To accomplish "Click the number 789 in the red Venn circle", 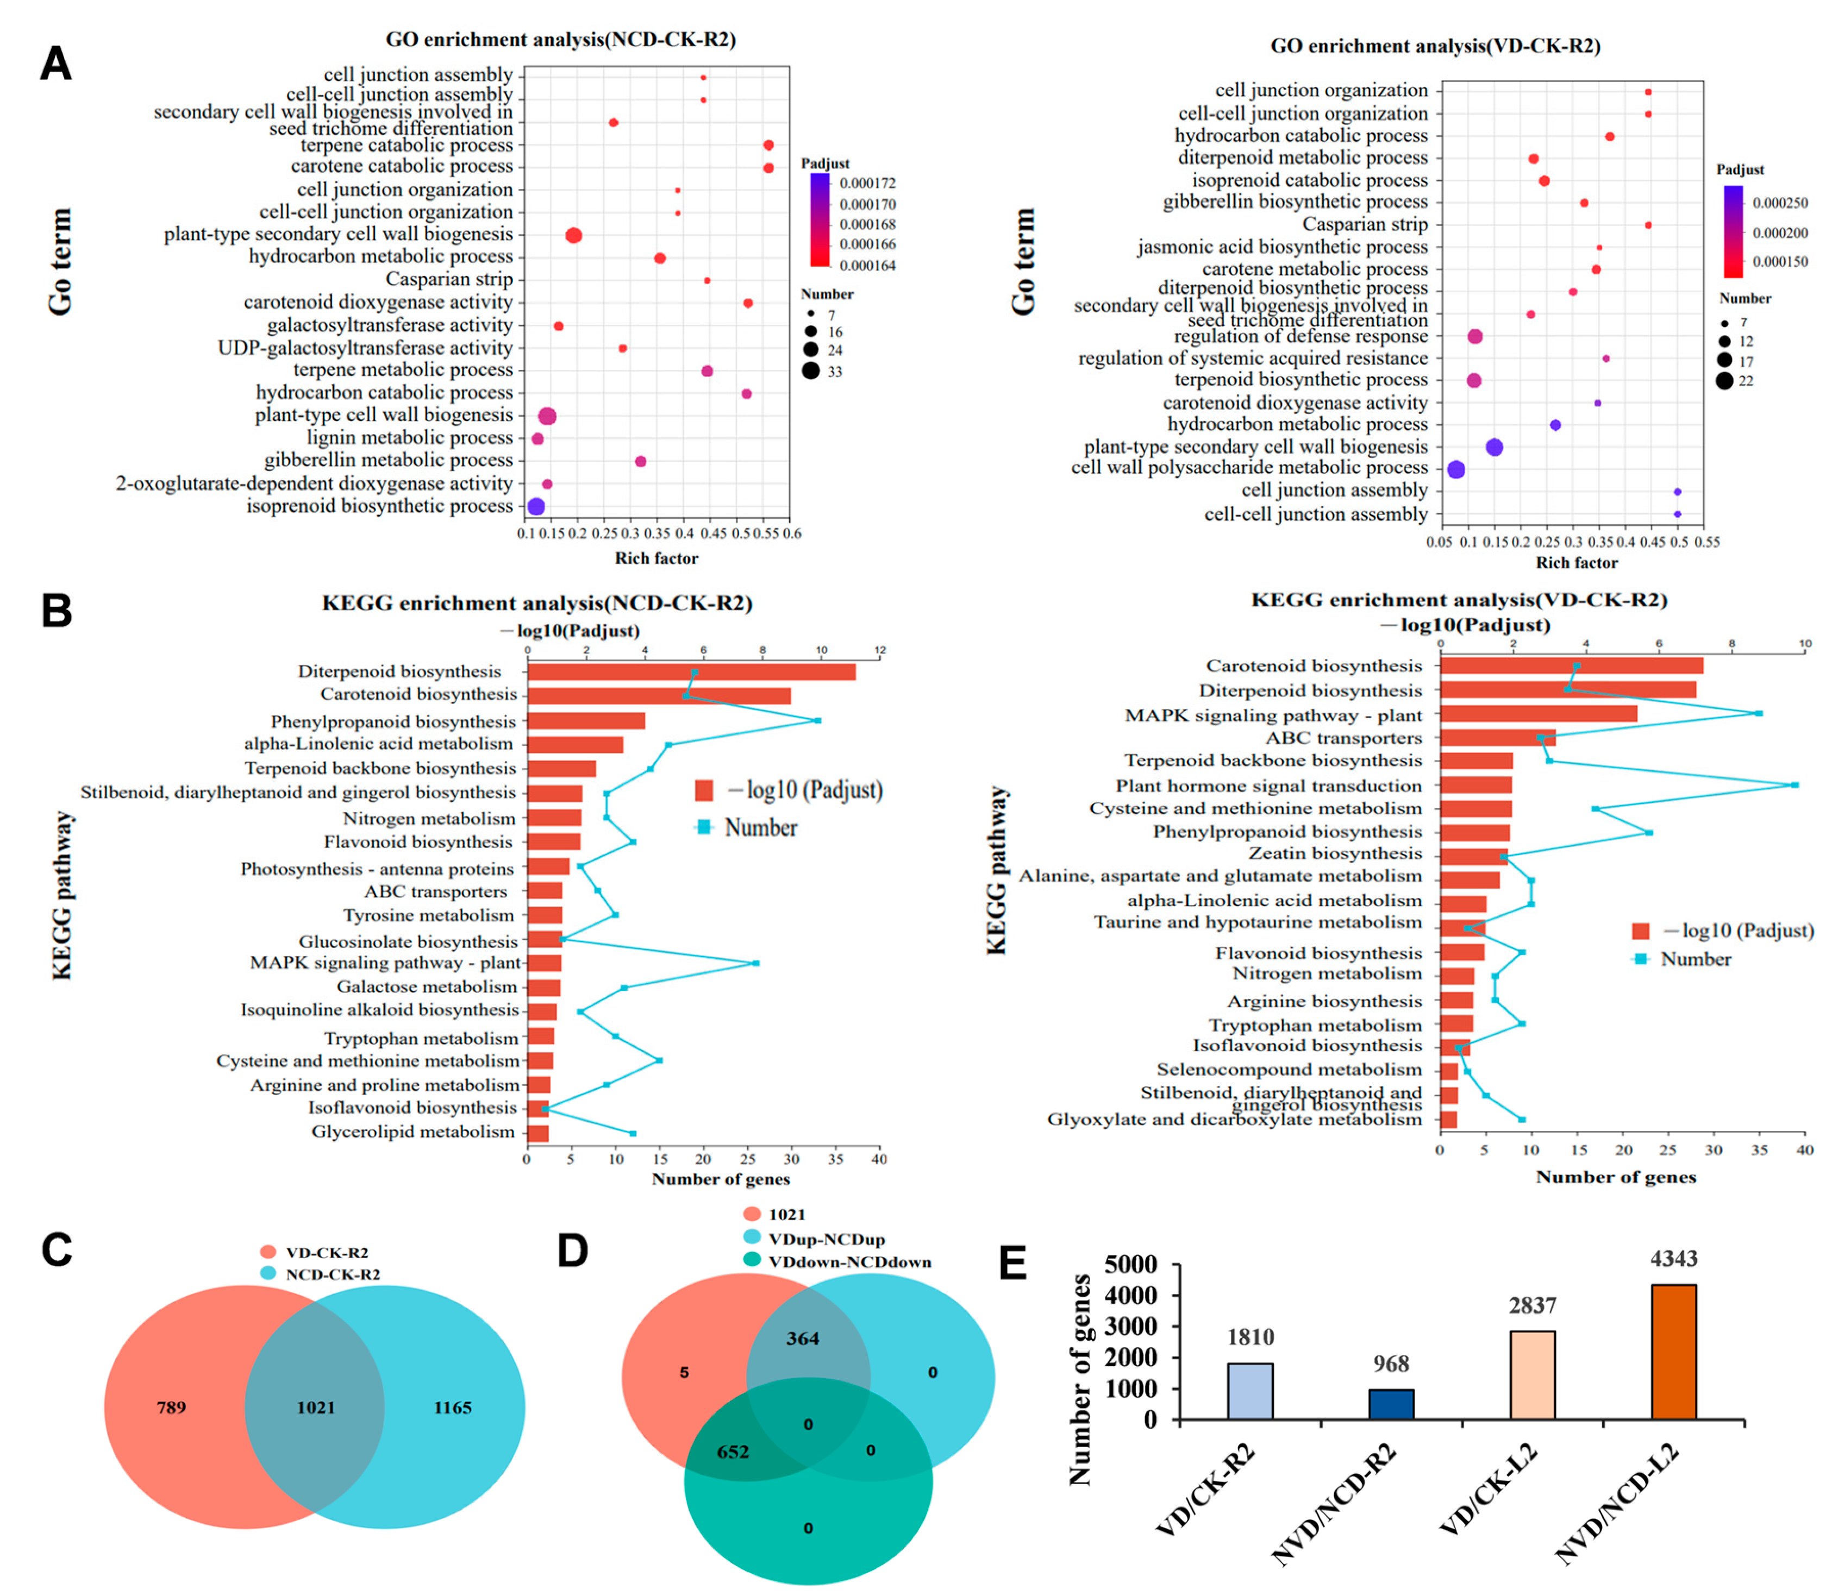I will [x=171, y=1407].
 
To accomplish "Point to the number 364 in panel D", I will [x=802, y=1338].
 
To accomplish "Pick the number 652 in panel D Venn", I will [x=733, y=1451].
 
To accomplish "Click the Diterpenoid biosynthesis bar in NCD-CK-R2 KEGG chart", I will [x=691, y=671].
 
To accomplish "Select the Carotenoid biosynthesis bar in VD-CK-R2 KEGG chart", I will [x=1571, y=665].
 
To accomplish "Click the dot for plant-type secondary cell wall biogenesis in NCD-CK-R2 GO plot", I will [x=574, y=235].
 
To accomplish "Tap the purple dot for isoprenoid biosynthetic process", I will [x=535, y=506].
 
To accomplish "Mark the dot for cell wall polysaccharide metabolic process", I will [x=1456, y=469].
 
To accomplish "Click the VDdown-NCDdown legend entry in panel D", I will [x=848, y=1262].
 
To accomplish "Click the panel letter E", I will [x=1012, y=1263].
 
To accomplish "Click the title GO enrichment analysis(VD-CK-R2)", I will [x=1435, y=46].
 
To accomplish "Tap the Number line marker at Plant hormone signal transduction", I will [x=1795, y=784].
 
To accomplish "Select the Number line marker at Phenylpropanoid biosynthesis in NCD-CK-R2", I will [x=817, y=720].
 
